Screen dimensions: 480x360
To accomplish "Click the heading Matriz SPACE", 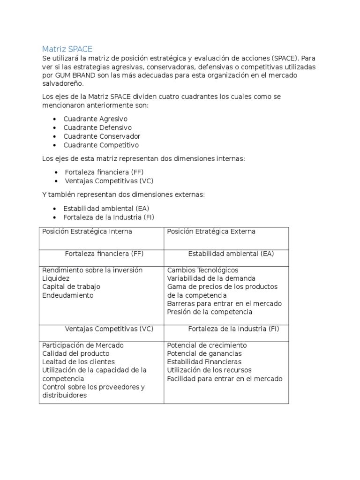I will (x=67, y=49).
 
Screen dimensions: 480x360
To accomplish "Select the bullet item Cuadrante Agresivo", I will (x=95, y=119).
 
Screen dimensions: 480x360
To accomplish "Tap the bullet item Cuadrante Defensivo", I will (x=97, y=127).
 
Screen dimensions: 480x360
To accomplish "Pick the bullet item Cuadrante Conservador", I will (x=102, y=136).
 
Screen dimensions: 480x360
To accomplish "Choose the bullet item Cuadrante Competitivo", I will (x=101, y=145).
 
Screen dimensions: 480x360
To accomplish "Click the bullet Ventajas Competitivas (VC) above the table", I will (x=109, y=181).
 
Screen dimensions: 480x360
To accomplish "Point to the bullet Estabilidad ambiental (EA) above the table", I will (x=106, y=209).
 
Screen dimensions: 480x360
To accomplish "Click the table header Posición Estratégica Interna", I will (x=87, y=232).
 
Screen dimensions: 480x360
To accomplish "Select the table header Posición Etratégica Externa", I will (x=211, y=232).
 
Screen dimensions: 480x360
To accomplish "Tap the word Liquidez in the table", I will (x=55, y=278).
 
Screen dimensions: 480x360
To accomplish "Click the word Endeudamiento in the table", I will (x=68, y=295).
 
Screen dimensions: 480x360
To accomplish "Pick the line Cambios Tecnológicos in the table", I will (x=202, y=270).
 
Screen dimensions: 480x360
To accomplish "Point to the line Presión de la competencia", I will (x=210, y=312).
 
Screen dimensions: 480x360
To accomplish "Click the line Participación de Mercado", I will (x=83, y=345).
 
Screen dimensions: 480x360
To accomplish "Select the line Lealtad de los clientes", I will (x=78, y=362).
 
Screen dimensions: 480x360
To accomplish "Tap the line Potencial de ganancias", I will (x=204, y=353).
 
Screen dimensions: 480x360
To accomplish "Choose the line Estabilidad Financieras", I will (x=204, y=362).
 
